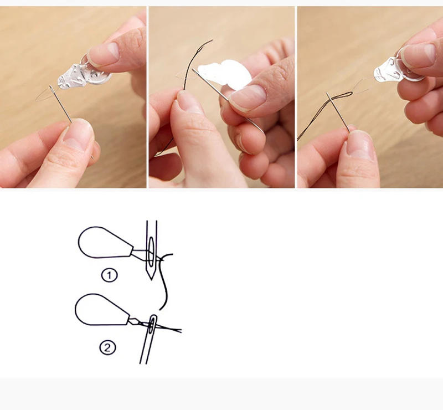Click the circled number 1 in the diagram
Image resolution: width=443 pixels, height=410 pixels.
point(109,275)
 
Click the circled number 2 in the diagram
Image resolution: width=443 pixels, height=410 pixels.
point(107,347)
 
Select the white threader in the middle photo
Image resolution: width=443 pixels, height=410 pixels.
point(225,74)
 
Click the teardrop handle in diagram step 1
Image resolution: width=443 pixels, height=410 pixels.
point(105,243)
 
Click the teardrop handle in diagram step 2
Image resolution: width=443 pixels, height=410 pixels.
point(102,310)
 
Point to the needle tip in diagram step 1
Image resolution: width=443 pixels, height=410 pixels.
point(151,279)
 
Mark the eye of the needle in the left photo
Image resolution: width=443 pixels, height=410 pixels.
point(51,89)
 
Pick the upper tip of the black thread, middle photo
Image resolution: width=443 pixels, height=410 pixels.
point(212,40)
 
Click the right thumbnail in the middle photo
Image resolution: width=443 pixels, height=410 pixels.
point(248,98)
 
